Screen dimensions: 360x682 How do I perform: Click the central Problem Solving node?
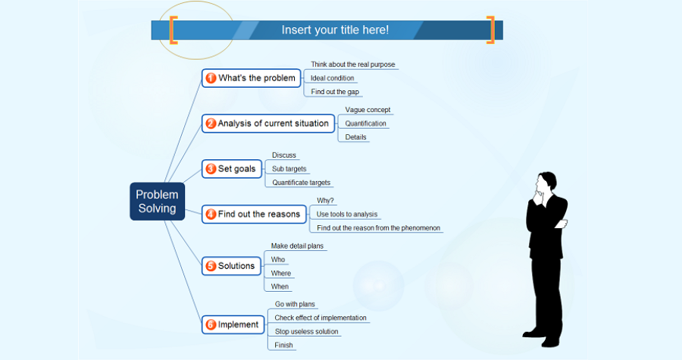(157, 202)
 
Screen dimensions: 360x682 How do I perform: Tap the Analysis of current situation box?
(268, 124)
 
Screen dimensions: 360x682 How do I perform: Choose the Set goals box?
(232, 169)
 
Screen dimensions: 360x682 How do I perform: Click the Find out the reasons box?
(255, 214)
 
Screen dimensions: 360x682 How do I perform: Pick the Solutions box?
(231, 266)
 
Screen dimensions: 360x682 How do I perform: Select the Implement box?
(233, 325)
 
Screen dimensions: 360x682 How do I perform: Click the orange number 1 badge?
(211, 78)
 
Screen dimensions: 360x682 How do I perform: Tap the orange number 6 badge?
(211, 325)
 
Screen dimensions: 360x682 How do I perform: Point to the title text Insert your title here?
(335, 30)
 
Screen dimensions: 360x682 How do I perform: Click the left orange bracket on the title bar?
(174, 30)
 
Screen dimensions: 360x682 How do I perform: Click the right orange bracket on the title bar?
(491, 30)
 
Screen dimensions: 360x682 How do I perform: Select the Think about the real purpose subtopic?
(352, 64)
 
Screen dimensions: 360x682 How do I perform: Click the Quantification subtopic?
(365, 124)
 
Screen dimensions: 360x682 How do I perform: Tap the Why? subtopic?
(325, 201)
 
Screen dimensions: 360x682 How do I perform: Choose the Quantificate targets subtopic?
(301, 183)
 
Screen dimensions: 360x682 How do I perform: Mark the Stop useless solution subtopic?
(307, 331)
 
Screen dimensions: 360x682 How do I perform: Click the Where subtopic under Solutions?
(280, 274)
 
